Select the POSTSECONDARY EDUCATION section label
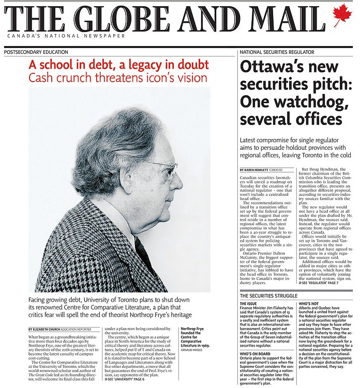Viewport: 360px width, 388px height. [x=36, y=53]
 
